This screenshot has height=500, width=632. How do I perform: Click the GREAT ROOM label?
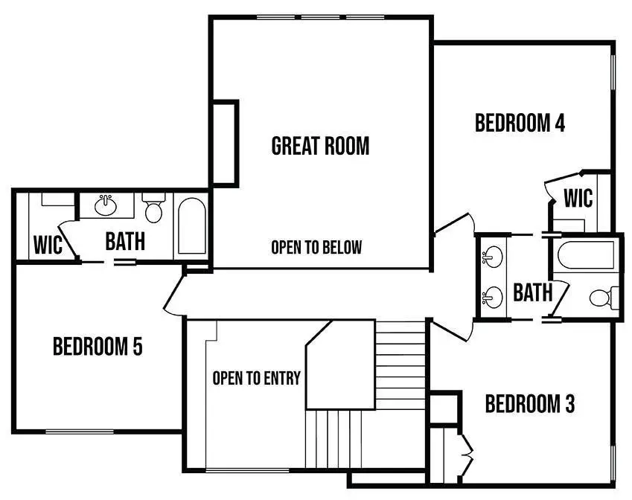(320, 145)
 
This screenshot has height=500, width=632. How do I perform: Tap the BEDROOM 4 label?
(520, 123)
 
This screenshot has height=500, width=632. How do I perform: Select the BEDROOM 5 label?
(98, 346)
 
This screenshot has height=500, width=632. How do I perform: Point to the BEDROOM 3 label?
(529, 405)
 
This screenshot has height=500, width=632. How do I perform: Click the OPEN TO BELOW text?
(316, 247)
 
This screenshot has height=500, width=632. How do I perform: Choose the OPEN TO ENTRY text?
(256, 378)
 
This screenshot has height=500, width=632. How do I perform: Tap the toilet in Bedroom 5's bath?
(154, 209)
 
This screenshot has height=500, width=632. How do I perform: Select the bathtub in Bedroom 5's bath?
(192, 225)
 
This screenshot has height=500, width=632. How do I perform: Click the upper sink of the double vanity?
(491, 257)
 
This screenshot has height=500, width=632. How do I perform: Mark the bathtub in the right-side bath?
(587, 257)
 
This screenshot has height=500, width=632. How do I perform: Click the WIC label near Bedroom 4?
(578, 199)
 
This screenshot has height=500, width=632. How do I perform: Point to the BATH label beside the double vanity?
(533, 292)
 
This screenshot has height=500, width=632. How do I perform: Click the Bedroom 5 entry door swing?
(173, 294)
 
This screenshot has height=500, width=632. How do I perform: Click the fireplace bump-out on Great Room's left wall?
(224, 142)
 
